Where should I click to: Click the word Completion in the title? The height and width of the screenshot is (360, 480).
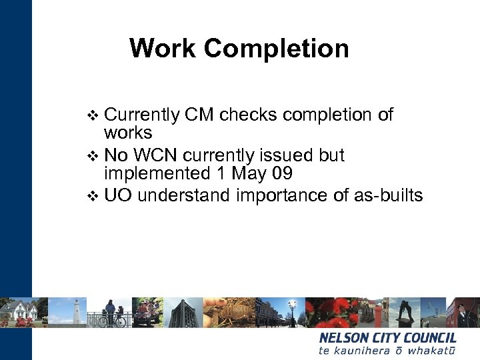(276, 48)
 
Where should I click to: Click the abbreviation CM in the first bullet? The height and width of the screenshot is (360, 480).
(199, 115)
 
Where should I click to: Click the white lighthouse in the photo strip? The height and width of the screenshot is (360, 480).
(77, 311)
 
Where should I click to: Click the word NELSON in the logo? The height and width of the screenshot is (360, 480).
(345, 338)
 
